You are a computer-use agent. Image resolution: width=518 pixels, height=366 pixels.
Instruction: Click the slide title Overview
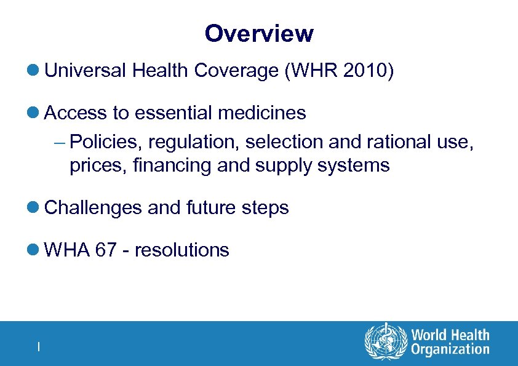coord(259,33)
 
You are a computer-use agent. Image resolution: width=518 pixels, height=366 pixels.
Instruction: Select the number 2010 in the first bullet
coord(363,71)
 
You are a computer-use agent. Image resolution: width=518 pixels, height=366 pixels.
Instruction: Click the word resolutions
coord(181,250)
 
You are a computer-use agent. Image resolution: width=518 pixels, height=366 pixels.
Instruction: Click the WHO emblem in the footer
coord(386,343)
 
